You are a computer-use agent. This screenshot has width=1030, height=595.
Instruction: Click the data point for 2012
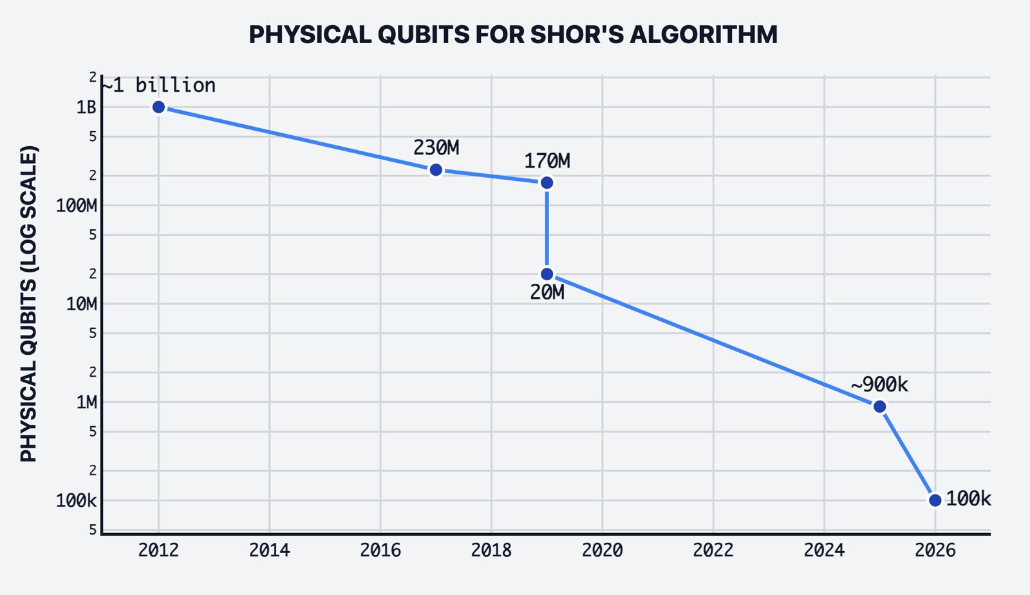(x=158, y=107)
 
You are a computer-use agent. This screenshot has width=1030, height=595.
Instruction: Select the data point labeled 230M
(x=436, y=170)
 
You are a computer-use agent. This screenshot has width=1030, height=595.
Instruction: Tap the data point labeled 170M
(x=547, y=183)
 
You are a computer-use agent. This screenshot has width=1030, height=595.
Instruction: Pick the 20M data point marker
(x=547, y=274)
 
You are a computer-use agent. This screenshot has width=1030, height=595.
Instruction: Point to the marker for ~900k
(x=879, y=406)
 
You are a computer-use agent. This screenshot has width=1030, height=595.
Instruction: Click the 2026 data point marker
(x=935, y=500)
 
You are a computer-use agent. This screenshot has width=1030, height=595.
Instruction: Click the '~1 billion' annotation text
(x=159, y=85)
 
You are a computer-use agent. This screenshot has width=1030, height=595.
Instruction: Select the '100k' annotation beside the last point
(x=968, y=498)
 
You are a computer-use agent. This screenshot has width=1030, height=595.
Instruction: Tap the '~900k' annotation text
(x=879, y=384)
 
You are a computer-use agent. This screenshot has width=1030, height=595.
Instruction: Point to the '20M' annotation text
(x=547, y=293)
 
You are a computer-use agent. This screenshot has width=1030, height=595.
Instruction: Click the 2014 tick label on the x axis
(x=269, y=551)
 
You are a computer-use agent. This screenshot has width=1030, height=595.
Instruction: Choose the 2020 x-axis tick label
(x=602, y=551)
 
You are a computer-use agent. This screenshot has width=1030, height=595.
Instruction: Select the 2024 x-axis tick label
(x=824, y=551)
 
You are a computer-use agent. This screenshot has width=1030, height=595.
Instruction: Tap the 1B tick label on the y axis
(x=86, y=107)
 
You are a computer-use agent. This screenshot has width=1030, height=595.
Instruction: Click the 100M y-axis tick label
(x=77, y=206)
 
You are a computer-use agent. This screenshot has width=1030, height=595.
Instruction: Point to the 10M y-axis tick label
(x=81, y=304)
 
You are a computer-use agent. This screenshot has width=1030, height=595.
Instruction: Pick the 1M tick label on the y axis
(x=86, y=402)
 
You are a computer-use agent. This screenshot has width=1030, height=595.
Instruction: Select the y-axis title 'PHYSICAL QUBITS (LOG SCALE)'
(x=29, y=303)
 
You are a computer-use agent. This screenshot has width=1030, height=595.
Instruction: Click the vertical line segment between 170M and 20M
(x=547, y=229)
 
